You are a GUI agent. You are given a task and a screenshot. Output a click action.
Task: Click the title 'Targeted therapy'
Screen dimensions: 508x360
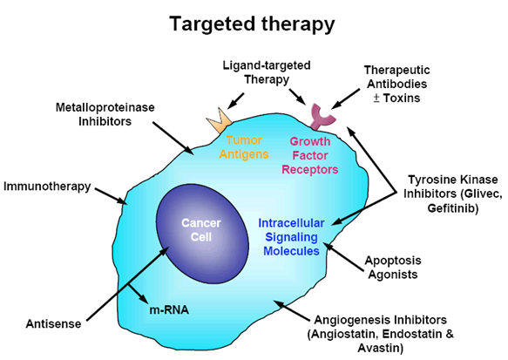pyautogui.click(x=252, y=24)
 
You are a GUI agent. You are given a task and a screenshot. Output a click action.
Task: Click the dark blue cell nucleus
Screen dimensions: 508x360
pyautogui.click(x=202, y=234)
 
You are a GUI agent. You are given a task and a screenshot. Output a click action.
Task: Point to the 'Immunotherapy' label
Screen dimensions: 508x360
pyautogui.click(x=47, y=187)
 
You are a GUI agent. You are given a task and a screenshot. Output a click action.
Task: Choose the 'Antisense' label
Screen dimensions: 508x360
pyautogui.click(x=53, y=323)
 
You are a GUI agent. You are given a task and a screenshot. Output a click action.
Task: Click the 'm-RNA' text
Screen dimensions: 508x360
pyautogui.click(x=169, y=310)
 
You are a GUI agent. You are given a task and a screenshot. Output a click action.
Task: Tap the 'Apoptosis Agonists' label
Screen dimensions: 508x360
pyautogui.click(x=393, y=268)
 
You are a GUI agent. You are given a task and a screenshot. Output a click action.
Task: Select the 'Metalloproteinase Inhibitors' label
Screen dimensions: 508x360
pyautogui.click(x=105, y=114)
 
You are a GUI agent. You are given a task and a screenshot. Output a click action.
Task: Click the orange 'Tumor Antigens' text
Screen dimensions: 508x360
pyautogui.click(x=244, y=147)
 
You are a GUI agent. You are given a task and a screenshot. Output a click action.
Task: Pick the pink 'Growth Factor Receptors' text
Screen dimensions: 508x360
pyautogui.click(x=309, y=155)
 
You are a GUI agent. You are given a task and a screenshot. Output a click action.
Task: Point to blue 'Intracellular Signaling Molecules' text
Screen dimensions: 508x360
pyautogui.click(x=291, y=237)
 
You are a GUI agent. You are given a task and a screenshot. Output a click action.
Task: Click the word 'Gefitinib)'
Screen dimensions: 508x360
pyautogui.click(x=453, y=207)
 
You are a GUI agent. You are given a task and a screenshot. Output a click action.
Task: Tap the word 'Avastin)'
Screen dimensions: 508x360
pyautogui.click(x=381, y=348)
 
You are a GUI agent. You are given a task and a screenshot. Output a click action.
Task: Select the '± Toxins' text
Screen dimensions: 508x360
pyautogui.click(x=396, y=98)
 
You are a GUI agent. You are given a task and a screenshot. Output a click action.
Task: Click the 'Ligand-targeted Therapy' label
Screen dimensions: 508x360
pyautogui.click(x=267, y=72)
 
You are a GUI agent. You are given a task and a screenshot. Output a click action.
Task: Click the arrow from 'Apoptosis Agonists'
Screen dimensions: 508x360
pyautogui.click(x=343, y=256)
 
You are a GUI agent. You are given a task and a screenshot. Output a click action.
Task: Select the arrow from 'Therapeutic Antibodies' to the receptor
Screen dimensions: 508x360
pyautogui.click(x=345, y=98)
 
